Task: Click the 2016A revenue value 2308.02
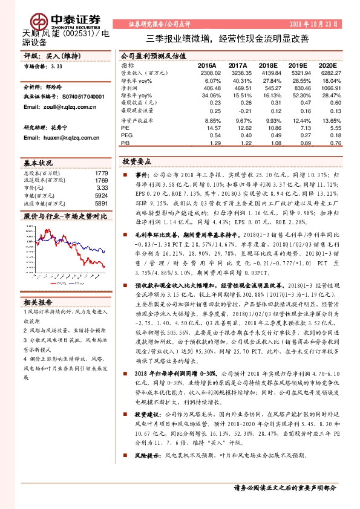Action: tap(206, 72)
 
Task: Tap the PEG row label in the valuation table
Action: tap(126, 136)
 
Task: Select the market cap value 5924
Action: tap(102, 195)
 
